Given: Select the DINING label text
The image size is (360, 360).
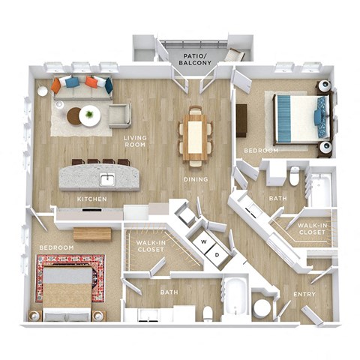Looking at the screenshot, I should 196,179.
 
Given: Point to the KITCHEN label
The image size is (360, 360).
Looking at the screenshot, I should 92,199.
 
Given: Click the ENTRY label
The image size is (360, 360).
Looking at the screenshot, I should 304,295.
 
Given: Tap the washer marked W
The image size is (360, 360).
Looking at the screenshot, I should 202,241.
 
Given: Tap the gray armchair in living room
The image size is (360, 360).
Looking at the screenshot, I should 118,115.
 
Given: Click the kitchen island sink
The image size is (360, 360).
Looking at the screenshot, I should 107,178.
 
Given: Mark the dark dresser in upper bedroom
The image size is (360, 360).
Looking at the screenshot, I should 241,120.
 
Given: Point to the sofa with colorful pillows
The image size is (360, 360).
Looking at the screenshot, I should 82,85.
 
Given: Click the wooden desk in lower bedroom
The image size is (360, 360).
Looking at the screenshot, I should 92,234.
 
